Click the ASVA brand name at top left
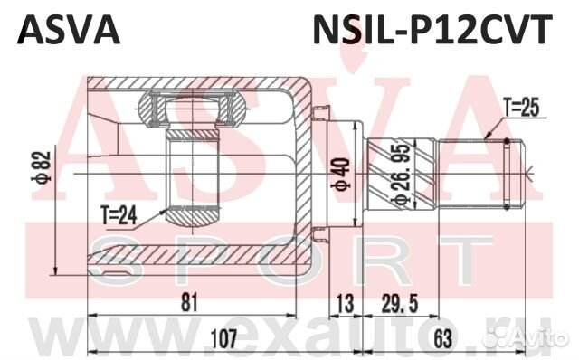tap(69, 30)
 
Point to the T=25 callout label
tap(522, 108)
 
